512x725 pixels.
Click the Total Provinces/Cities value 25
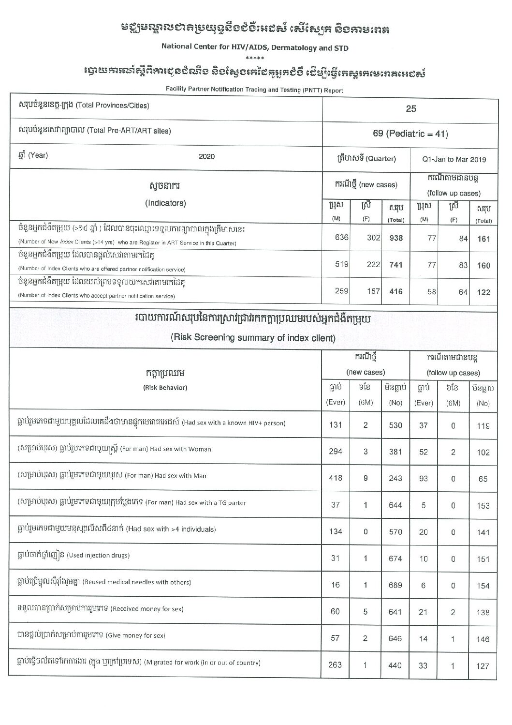410,109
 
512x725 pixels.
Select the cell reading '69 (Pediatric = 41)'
410,134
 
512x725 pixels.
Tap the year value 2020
206,156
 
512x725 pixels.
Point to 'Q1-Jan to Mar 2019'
454,159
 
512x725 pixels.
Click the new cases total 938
395,238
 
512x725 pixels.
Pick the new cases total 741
395,265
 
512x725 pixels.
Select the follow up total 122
483,292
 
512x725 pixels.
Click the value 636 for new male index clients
341,238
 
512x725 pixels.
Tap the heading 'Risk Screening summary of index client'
253,338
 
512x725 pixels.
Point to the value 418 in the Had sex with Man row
335,478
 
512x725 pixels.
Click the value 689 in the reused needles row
395,585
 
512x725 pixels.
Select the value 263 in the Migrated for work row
335,665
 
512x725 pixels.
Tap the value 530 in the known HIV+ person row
395,425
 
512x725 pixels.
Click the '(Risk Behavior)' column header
165,387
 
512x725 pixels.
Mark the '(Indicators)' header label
165,203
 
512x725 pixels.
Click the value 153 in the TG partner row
483,505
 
